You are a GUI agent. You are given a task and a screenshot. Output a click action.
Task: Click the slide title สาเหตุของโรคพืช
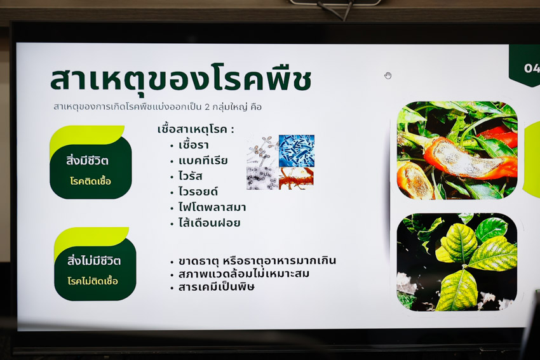(x=181, y=80)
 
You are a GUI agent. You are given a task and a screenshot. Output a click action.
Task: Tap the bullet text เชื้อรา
(x=194, y=145)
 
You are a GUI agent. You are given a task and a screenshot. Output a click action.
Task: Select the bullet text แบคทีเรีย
(x=203, y=161)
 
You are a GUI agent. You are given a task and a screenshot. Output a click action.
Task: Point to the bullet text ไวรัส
(x=191, y=177)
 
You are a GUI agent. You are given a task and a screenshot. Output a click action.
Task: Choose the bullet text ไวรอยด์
(x=198, y=191)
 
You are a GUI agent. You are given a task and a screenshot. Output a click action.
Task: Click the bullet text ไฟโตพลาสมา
(x=212, y=207)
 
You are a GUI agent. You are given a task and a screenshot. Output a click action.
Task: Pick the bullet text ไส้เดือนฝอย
(x=210, y=223)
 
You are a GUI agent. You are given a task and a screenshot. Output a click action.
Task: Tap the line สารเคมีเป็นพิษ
(x=217, y=287)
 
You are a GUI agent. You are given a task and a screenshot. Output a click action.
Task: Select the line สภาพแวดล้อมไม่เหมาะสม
(x=244, y=274)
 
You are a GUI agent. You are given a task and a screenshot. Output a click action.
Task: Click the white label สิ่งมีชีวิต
(x=87, y=161)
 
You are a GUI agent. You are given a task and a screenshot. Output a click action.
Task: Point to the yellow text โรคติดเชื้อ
(x=91, y=181)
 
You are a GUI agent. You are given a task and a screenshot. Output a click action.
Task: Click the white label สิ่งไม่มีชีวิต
(x=93, y=261)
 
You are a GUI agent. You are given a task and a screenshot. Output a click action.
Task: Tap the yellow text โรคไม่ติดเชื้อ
(x=93, y=281)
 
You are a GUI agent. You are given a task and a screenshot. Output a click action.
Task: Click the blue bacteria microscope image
(x=297, y=150)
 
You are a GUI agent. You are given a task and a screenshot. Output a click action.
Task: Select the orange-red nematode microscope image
(x=297, y=178)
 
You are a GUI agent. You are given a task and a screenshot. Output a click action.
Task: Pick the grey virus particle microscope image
(x=262, y=178)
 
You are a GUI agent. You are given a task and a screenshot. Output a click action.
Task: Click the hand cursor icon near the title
(x=388, y=76)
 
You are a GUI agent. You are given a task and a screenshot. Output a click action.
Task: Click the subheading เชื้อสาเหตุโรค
(x=196, y=130)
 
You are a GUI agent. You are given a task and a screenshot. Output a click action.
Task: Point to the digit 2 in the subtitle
(x=207, y=107)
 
